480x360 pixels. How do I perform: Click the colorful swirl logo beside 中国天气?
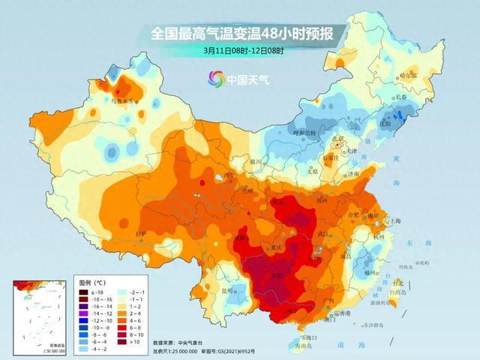click(x=216, y=78)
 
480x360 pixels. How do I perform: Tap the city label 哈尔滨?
click(x=407, y=76)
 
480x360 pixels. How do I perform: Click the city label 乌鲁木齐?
click(x=121, y=100)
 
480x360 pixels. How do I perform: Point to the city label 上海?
click(x=391, y=221)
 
